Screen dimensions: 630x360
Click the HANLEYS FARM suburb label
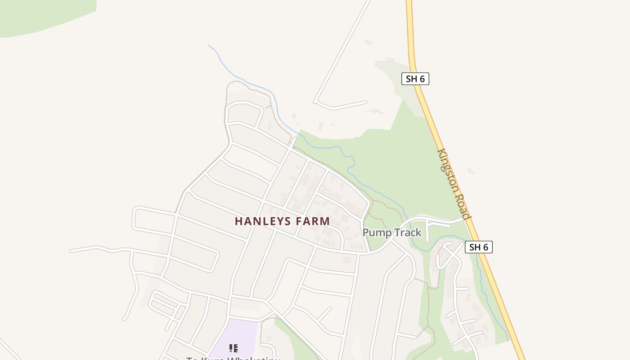pos(282,221)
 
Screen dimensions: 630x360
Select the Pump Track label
pos(391,233)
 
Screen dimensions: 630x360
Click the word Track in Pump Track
pos(407,233)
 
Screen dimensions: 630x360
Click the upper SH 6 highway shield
pos(415,79)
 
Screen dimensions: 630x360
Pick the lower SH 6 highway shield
pos(478,247)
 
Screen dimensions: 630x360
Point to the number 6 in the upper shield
pos(422,79)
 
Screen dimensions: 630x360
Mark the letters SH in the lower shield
pos(475,247)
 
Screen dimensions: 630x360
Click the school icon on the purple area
pos(233,348)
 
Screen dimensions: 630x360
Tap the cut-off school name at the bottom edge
pos(233,358)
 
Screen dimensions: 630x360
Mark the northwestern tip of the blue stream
pos(208,45)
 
